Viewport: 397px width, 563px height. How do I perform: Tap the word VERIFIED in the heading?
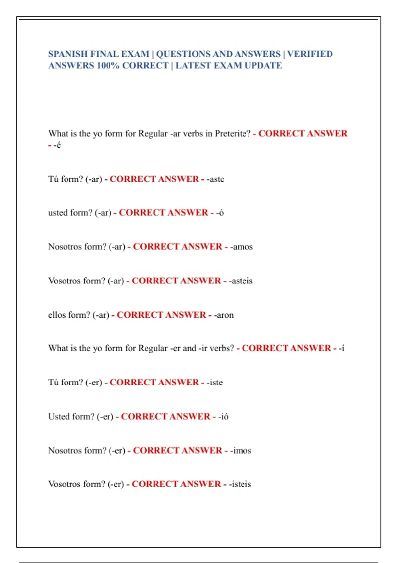[310, 54]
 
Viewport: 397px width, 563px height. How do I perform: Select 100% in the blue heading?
[108, 66]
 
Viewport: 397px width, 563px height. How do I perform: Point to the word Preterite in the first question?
[233, 134]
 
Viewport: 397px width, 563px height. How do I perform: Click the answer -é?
[57, 145]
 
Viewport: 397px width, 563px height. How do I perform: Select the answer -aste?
[215, 179]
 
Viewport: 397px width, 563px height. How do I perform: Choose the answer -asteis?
[241, 281]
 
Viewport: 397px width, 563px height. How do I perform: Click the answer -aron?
[224, 315]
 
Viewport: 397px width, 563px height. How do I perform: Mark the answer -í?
[341, 348]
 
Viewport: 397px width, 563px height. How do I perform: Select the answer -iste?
[215, 383]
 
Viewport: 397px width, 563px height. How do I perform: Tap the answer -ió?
[223, 417]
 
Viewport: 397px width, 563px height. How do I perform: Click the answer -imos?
[241, 451]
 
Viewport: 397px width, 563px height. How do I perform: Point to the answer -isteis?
[240, 484]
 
